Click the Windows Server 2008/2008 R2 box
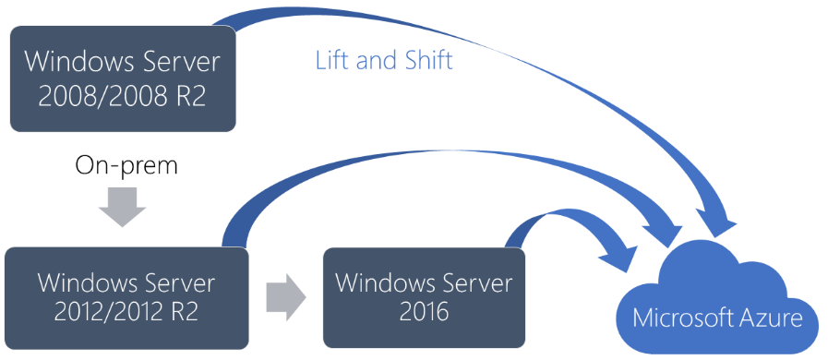point(123,78)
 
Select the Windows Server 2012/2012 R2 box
point(126,298)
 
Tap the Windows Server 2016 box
point(424,298)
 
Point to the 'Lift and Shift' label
point(384,60)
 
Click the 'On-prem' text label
point(126,166)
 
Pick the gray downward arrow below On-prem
point(122,208)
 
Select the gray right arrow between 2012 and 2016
point(286,296)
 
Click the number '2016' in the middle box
point(424,312)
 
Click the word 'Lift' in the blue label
point(332,60)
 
